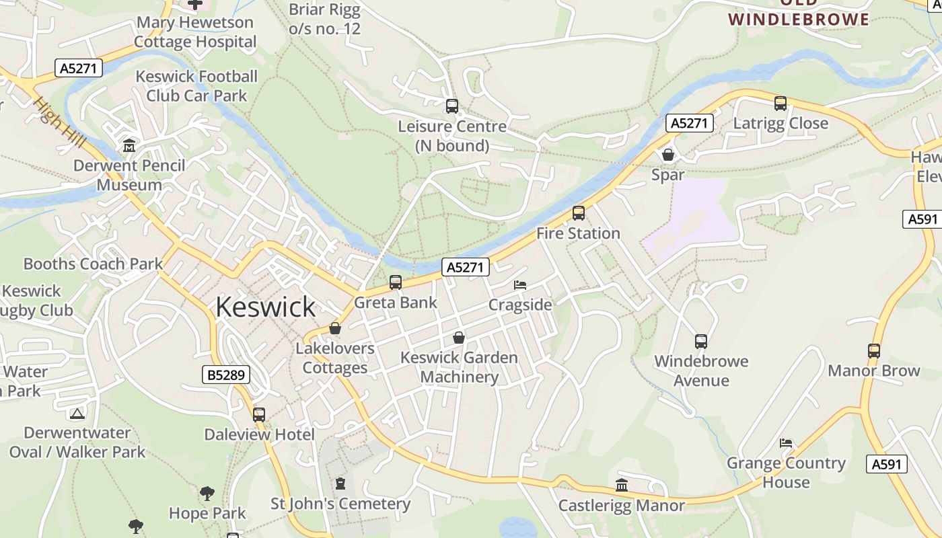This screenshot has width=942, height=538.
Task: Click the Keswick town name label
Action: [x=266, y=307]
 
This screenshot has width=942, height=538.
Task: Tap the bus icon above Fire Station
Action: [x=578, y=213]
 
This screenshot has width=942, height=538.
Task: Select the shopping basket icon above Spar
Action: [x=668, y=155]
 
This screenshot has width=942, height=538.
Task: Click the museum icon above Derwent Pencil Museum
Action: [x=129, y=145]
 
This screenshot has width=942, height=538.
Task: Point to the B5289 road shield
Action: [x=226, y=375]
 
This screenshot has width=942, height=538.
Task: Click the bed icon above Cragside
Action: [x=520, y=285]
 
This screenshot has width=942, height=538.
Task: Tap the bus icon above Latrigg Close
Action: [x=781, y=104]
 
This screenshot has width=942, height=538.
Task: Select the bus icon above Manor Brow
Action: [x=873, y=350]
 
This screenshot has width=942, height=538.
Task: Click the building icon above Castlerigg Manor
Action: [x=622, y=485]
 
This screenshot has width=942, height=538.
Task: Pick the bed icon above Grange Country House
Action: [x=786, y=443]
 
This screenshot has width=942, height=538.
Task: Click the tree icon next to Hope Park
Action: [x=207, y=494]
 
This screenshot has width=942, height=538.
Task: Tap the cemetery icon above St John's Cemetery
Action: [x=340, y=484]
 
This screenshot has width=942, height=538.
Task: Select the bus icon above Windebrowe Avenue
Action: [x=701, y=341]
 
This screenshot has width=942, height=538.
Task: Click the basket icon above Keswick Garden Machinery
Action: [x=459, y=338]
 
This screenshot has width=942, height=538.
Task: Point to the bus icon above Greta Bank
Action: [x=396, y=282]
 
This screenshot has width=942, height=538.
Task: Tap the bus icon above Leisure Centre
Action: [x=452, y=106]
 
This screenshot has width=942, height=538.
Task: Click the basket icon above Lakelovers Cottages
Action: [x=335, y=328]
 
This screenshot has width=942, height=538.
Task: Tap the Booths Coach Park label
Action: [x=93, y=264]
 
